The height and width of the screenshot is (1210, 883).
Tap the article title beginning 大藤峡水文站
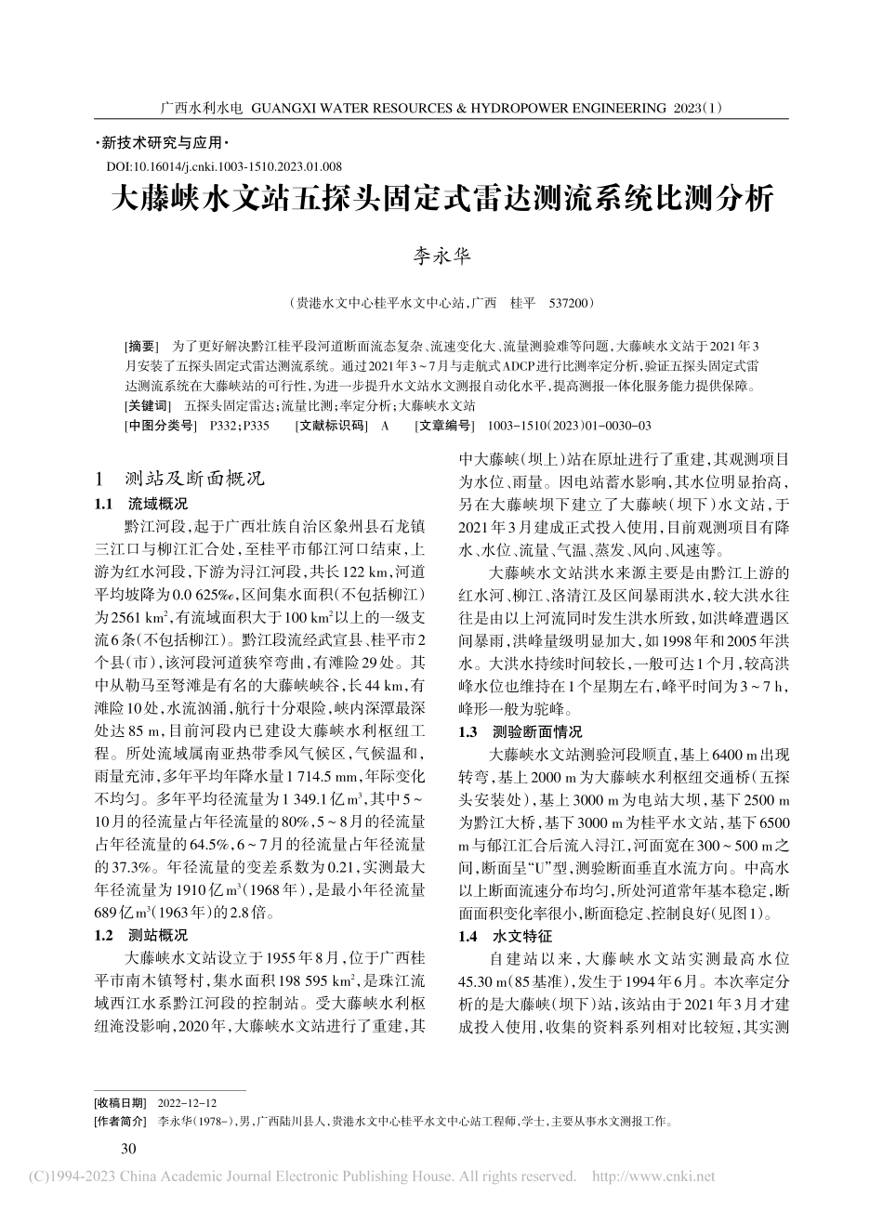click(441, 201)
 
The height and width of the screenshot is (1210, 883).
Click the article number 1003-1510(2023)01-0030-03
click(562, 426)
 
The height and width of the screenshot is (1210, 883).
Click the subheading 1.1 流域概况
click(141, 505)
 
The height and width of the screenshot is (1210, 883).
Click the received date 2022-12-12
click(188, 1102)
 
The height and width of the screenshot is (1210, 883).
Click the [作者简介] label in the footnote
click(123, 1122)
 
